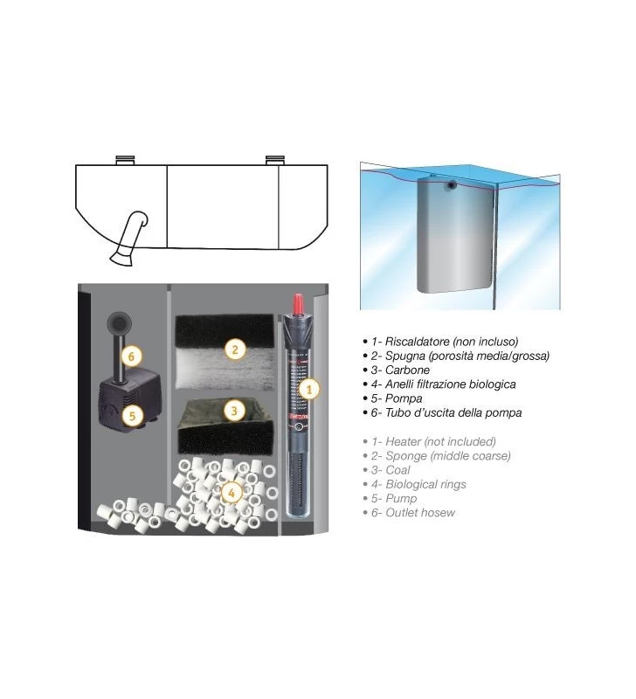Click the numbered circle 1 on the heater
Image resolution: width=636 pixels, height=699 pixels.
pyautogui.click(x=309, y=389)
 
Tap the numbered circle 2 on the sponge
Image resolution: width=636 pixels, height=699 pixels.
pyautogui.click(x=235, y=349)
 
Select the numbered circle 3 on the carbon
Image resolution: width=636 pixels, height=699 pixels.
pyautogui.click(x=234, y=411)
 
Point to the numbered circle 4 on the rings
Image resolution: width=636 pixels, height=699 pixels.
pyautogui.click(x=232, y=493)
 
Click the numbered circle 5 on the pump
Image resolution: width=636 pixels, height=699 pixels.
pyautogui.click(x=132, y=416)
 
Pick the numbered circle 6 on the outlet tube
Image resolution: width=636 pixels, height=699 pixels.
pyautogui.click(x=131, y=356)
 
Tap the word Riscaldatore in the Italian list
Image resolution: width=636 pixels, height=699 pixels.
pyautogui.click(x=418, y=342)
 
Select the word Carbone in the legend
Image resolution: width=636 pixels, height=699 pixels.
pyautogui.click(x=407, y=370)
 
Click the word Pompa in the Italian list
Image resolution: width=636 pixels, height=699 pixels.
pyautogui.click(x=404, y=398)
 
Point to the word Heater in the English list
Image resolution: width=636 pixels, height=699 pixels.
pyautogui.click(x=403, y=441)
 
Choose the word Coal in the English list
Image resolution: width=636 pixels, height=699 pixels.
pyautogui.click(x=397, y=470)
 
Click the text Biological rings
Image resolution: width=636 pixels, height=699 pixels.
pyautogui.click(x=425, y=484)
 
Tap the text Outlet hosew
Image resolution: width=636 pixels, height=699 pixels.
pyautogui.click(x=420, y=513)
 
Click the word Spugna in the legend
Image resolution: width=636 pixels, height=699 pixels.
pyautogui.click(x=405, y=356)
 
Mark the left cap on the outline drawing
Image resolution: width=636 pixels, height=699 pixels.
pyautogui.click(x=125, y=160)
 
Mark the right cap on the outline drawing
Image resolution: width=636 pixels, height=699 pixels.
pyautogui.click(x=275, y=160)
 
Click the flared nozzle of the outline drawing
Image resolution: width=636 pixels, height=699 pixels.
pyautogui.click(x=121, y=258)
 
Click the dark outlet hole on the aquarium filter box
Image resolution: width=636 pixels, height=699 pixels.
pyautogui.click(x=453, y=185)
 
